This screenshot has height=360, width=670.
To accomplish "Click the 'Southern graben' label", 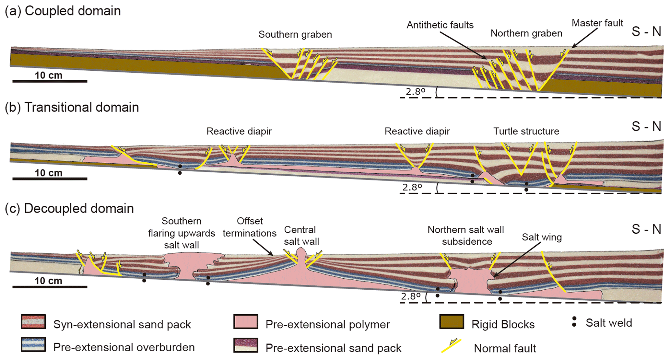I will coord(295,34).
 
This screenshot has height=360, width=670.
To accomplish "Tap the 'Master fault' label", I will coord(597,23).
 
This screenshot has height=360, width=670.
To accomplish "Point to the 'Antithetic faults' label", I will coord(440,25).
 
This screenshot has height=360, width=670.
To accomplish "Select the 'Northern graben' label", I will coord(526,33).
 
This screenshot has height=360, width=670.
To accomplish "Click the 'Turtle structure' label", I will coord(526,131).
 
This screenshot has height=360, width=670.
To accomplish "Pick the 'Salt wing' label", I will coord(542,237).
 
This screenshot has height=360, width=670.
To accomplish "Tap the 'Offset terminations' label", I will coord(249,227).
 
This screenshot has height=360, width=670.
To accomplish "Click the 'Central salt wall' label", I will coord(301,236).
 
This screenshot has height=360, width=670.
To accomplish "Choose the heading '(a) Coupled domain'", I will coord(63,11).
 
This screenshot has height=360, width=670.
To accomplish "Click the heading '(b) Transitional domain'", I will coord(72,107).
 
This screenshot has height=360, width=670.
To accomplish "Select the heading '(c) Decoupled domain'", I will coord(69,208).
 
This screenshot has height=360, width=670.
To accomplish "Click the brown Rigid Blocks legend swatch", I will coord(452,322).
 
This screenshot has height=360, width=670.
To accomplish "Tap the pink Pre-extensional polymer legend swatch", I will coord(246,322).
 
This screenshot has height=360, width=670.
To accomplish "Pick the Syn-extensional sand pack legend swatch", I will coord(33,322).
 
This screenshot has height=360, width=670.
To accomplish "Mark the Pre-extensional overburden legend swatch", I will coord(33,345).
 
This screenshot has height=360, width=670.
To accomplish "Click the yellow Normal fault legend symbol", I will coord(451,345).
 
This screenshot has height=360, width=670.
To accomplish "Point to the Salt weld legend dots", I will coord(574,322).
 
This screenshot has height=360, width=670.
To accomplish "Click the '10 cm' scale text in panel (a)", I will coord(49,75).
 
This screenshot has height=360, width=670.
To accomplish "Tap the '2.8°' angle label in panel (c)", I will coord(411,296).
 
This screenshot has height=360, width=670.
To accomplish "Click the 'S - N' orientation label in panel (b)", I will coord(646,126).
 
